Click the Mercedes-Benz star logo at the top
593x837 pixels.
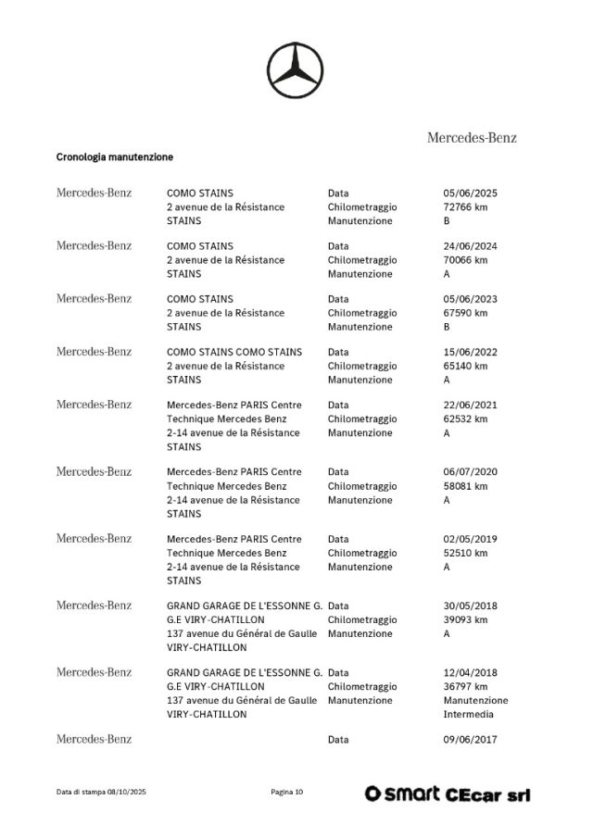click(297, 71)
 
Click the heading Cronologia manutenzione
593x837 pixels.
click(115, 157)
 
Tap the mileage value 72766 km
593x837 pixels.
click(465, 207)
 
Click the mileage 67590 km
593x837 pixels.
click(465, 313)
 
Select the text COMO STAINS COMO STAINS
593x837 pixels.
click(233, 353)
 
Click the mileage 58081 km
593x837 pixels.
click(465, 486)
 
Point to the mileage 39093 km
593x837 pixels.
click(465, 619)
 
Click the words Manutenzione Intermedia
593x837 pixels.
click(475, 707)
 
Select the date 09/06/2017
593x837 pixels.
click(470, 740)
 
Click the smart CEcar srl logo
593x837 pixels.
click(448, 793)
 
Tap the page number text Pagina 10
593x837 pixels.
click(287, 793)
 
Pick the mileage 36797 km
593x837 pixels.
click(465, 687)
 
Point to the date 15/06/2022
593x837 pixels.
click(470, 353)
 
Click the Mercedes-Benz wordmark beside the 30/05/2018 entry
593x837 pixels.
click(95, 606)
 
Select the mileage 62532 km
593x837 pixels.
click(465, 419)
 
